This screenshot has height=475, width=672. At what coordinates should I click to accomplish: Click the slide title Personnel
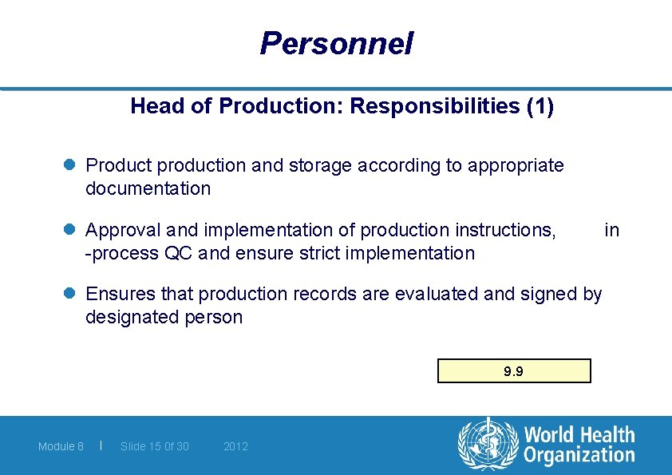tap(336, 43)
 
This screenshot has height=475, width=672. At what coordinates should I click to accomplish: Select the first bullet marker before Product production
tap(69, 165)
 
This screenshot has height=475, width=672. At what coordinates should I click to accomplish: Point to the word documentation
tap(148, 189)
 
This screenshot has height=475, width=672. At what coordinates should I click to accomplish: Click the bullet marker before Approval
tap(69, 230)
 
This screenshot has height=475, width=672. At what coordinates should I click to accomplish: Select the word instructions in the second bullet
tap(504, 230)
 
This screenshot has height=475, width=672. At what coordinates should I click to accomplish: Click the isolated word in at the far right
tap(611, 230)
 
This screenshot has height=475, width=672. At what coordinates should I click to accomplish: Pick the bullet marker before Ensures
tap(69, 294)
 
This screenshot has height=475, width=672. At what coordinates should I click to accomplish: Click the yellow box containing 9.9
tap(514, 371)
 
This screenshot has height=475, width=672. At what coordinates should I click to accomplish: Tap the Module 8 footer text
tap(61, 446)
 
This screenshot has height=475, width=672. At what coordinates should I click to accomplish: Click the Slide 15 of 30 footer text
tap(155, 446)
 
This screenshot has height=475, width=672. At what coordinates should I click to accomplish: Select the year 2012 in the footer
tap(235, 446)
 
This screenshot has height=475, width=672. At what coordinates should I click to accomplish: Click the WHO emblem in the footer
tap(488, 444)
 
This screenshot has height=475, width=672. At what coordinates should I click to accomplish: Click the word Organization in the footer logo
tap(579, 456)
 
